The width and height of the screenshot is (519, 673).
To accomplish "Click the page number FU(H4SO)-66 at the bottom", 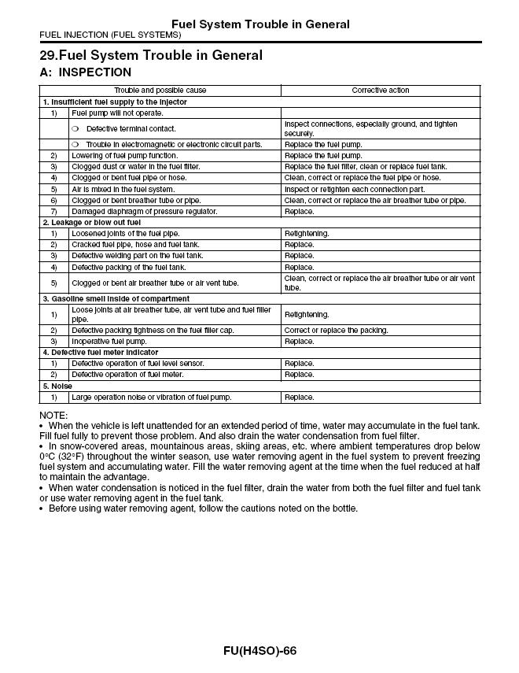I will pyautogui.click(x=259, y=651).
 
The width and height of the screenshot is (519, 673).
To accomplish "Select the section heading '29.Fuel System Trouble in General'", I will pyautogui.click(x=151, y=56).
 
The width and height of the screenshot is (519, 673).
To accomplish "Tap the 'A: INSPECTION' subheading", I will pyautogui.click(x=86, y=72).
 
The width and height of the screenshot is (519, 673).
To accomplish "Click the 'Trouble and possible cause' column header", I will pyautogui.click(x=160, y=91).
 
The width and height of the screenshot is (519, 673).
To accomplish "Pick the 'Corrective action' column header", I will pyautogui.click(x=380, y=91).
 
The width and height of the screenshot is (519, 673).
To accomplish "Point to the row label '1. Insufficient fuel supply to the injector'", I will pyautogui.click(x=115, y=102).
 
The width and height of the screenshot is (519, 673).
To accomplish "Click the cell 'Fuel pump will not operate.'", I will pyautogui.click(x=117, y=113).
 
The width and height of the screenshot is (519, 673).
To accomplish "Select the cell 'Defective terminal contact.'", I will pyautogui.click(x=131, y=128).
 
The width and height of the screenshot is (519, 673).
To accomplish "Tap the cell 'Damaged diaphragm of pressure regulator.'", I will pyautogui.click(x=145, y=212).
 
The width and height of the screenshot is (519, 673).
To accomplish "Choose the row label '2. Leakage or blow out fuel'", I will pyautogui.click(x=91, y=223).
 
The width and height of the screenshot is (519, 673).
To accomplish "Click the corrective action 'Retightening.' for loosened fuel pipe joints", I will pyautogui.click(x=307, y=234).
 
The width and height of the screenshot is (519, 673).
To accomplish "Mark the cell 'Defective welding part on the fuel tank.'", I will pyautogui.click(x=138, y=256).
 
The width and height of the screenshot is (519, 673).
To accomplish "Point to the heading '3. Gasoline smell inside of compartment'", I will pyautogui.click(x=116, y=299).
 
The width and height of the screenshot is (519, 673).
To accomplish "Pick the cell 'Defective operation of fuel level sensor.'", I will pyautogui.click(x=138, y=364).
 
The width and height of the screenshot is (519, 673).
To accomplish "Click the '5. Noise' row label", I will pyautogui.click(x=57, y=386).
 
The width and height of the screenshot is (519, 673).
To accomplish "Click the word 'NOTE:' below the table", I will pyautogui.click(x=53, y=415).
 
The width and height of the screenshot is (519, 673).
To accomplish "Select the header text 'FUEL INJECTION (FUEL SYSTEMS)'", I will pyautogui.click(x=110, y=35).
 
